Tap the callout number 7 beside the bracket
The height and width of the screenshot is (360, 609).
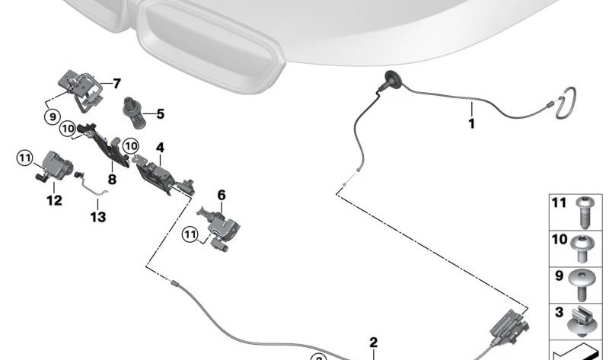point(116,84)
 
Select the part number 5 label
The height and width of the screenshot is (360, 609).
point(160,115)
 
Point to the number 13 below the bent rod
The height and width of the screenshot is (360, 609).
point(98,217)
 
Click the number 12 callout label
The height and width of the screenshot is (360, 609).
point(54,201)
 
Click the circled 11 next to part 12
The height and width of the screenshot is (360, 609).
point(26,158)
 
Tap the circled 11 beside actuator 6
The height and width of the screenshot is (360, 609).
point(191,237)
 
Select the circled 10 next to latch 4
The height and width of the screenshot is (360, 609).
point(131,145)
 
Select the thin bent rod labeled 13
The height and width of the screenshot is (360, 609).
point(93,186)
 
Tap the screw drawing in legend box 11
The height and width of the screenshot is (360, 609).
point(585,212)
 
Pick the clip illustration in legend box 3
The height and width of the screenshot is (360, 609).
point(585,321)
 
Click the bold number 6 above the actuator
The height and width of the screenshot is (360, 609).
point(222,196)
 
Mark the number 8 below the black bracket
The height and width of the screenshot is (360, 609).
point(112,180)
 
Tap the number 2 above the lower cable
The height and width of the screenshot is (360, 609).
point(374,342)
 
